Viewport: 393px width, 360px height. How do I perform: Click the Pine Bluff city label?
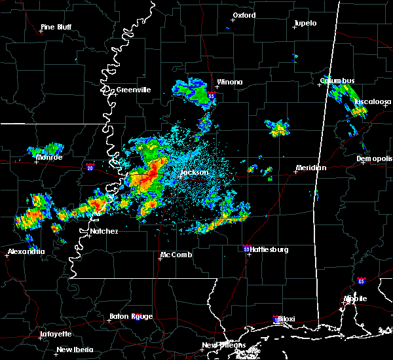point(56,27)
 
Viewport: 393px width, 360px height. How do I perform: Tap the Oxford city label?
point(244,15)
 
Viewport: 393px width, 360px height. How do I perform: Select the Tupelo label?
point(305,23)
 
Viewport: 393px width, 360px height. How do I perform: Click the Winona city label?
point(230,82)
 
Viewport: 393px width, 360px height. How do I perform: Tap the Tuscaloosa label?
point(373,102)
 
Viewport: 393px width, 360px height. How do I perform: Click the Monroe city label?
point(49,158)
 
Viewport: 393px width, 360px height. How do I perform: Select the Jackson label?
point(194,173)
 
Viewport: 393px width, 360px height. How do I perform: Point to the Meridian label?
point(310,168)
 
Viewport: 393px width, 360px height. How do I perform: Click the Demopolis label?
point(374,159)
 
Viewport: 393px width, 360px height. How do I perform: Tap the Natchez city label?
point(103,231)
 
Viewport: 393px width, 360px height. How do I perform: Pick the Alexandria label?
point(26,251)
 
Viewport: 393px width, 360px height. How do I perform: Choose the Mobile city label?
point(356,298)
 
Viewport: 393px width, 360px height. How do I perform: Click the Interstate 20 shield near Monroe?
point(90,167)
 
